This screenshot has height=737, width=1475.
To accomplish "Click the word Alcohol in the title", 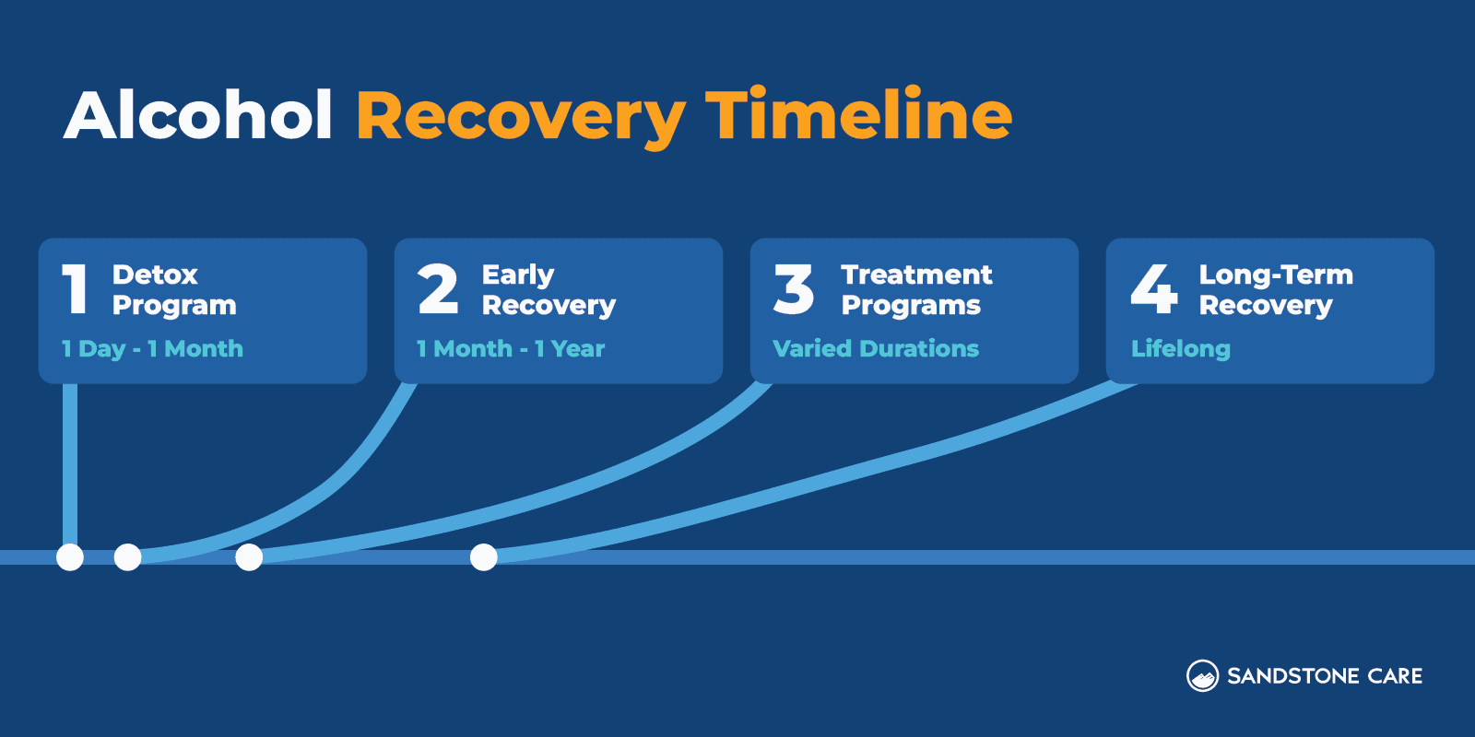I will pyautogui.click(x=198, y=116).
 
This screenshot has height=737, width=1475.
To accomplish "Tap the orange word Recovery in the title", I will pyautogui.click(x=520, y=118).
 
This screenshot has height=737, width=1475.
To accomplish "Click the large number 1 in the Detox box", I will pyautogui.click(x=75, y=289).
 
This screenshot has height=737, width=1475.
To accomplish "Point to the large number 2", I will pyautogui.click(x=437, y=289).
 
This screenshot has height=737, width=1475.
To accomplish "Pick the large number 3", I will pyautogui.click(x=794, y=289).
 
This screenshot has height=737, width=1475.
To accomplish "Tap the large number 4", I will pyautogui.click(x=1153, y=289).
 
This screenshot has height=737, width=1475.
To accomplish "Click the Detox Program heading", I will pyautogui.click(x=173, y=289).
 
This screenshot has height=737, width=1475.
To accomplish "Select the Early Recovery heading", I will pyautogui.click(x=548, y=289).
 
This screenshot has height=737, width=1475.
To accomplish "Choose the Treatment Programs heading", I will pyautogui.click(x=916, y=289).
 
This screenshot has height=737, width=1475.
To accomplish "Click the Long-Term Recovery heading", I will pyautogui.click(x=1275, y=289).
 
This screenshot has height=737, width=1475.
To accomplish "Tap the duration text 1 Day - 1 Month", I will pyautogui.click(x=152, y=349).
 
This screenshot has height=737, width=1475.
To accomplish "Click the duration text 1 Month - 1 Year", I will pyautogui.click(x=511, y=349).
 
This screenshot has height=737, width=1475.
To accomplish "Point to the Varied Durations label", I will pyautogui.click(x=876, y=349).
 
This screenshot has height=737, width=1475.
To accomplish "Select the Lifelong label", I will pyautogui.click(x=1180, y=349).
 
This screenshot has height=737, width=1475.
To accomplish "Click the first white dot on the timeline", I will pyautogui.click(x=70, y=557).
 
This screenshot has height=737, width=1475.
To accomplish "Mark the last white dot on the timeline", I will pyautogui.click(x=484, y=557).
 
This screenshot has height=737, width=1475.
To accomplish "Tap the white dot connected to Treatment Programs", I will pyautogui.click(x=249, y=557).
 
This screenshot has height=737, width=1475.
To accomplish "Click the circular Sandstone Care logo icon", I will pyautogui.click(x=1202, y=676).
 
